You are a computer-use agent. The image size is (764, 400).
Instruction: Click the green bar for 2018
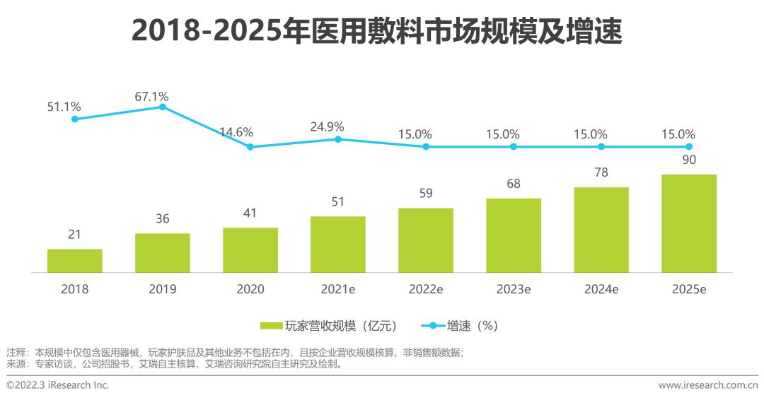[74, 261]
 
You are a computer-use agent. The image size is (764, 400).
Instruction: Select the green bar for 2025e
[688, 223]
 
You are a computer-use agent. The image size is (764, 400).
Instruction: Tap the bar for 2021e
[337, 245]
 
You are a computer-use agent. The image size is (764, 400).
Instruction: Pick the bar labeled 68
[513, 235]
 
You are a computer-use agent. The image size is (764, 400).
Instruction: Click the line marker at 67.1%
[162, 107]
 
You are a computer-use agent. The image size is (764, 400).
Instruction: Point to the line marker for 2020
[250, 147]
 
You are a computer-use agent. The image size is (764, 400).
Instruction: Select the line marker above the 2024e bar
[601, 146]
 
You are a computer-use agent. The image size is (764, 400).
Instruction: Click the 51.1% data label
[63, 107]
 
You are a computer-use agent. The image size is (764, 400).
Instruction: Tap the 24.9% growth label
[327, 127]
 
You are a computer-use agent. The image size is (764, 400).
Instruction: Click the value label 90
[688, 160]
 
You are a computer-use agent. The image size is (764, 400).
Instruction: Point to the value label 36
[162, 219]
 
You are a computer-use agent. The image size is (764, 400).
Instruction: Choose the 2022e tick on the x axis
[425, 290]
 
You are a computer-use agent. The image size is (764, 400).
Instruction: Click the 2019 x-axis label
[162, 290]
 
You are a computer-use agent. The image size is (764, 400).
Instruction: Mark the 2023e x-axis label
[513, 290]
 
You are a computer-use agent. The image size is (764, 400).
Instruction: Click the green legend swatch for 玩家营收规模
[271, 326]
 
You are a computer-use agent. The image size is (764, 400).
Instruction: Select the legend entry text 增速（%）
[473, 326]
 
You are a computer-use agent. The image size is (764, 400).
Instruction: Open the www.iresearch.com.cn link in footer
[707, 385]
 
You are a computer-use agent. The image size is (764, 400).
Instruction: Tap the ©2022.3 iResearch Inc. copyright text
[58, 385]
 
